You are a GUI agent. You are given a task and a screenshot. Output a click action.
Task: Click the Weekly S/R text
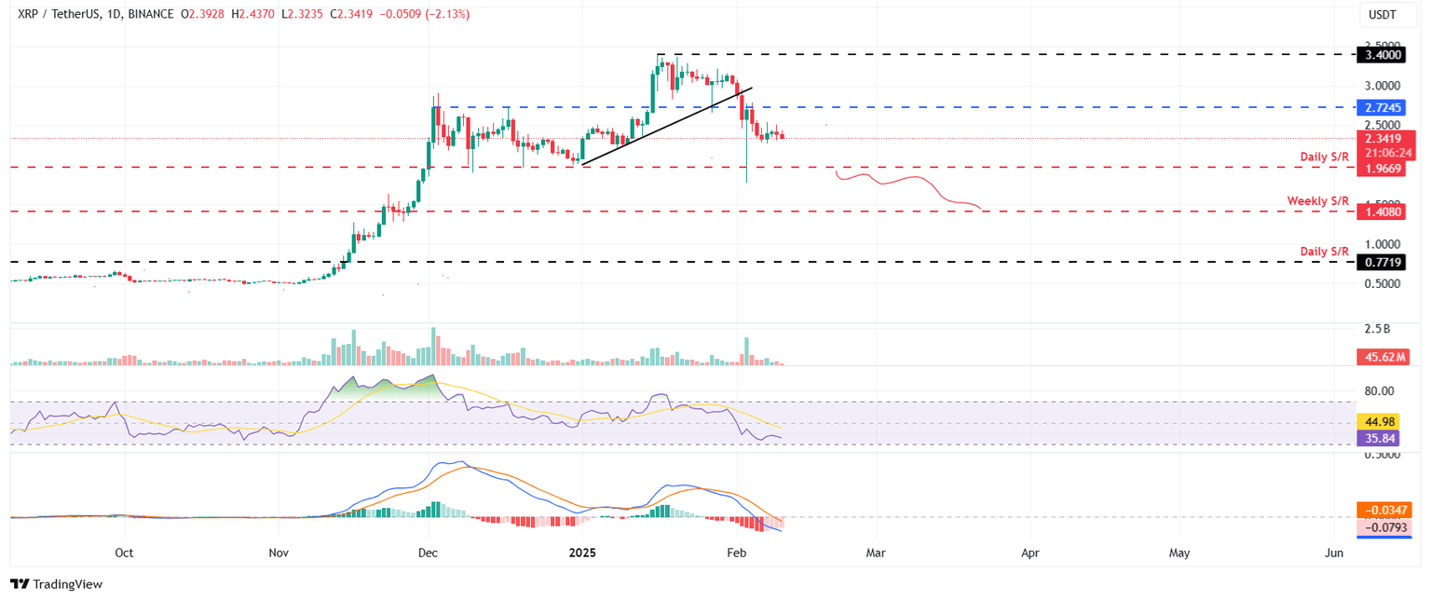click(x=1317, y=201)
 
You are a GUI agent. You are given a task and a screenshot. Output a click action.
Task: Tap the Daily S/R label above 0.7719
click(x=1324, y=252)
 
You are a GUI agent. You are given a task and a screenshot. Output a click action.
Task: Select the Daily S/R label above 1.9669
click(x=1324, y=157)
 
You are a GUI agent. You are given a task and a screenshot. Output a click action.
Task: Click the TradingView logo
click(x=56, y=584)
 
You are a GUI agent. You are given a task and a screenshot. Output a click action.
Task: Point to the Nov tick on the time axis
click(x=279, y=553)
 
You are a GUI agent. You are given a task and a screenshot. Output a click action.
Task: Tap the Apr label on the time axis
click(x=1030, y=553)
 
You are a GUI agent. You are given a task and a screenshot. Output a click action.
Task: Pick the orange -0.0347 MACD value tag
click(x=1384, y=510)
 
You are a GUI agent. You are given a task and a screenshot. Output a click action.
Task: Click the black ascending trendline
click(x=665, y=127)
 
